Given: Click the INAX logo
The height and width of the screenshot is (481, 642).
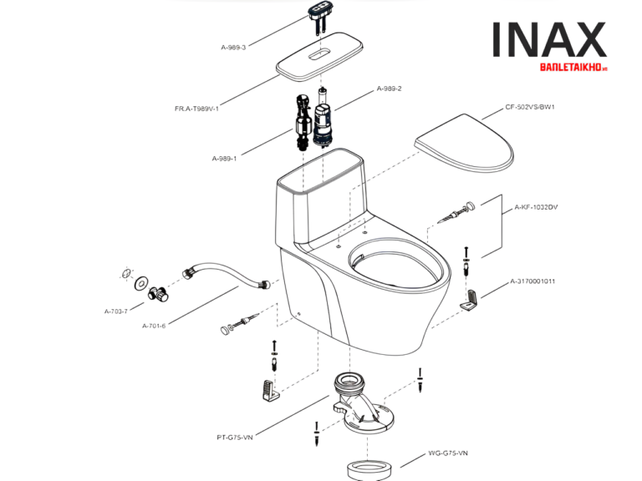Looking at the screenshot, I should click(x=548, y=40).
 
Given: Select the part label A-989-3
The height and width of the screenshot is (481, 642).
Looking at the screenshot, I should click(x=233, y=48).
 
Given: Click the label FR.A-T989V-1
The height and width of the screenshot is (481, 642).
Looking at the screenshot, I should click(x=196, y=108).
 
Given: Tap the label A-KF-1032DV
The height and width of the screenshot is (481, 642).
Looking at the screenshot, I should click(x=537, y=206).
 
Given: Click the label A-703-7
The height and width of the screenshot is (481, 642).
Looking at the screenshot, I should click(x=116, y=311).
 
